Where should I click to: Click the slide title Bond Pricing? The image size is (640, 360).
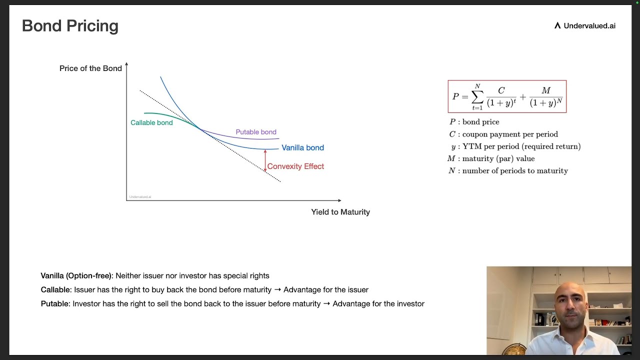click(70, 26)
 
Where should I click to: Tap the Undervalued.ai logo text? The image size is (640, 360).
click(589, 26)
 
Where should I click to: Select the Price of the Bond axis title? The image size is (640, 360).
click(90, 68)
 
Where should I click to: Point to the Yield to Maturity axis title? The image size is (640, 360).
click(340, 212)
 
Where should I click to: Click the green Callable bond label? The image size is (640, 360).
click(151, 123)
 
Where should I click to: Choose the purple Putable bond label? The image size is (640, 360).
click(256, 132)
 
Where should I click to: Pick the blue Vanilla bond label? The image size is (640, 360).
click(302, 148)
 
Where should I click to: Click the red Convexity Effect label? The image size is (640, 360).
click(295, 166)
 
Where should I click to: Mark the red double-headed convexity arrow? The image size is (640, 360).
click(265, 160)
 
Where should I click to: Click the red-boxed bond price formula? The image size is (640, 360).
click(507, 96)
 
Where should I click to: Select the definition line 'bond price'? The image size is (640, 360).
click(480, 122)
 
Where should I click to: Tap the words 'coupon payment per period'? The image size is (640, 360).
click(510, 134)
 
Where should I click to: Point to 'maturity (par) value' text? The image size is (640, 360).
click(498, 158)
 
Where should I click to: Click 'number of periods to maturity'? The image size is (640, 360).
click(515, 171)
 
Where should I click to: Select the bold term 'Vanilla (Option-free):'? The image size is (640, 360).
click(77, 276)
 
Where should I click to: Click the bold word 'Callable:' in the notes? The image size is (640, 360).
click(56, 290)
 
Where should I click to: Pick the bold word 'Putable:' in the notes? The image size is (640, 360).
click(55, 304)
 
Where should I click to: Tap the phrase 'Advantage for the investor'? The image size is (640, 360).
click(378, 304)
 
